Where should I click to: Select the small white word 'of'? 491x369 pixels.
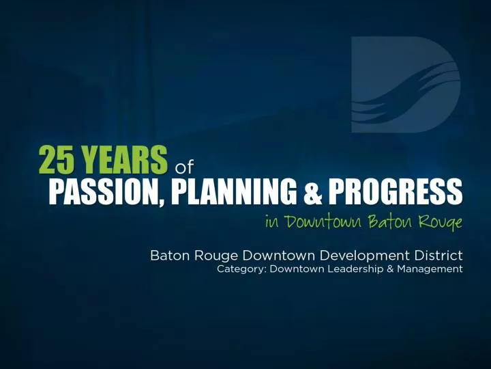point(184,167)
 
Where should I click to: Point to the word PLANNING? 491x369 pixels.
point(234,191)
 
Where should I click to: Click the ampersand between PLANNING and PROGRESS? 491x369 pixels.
point(312,191)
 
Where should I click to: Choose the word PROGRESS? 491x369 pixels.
point(396,191)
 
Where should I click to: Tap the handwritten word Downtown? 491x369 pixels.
point(324,221)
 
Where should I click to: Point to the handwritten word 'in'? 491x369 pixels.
point(272,222)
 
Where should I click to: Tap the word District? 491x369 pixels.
point(438,255)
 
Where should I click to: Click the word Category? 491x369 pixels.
point(241,269)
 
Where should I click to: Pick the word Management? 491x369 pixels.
point(430,269)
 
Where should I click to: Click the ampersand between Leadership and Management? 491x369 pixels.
point(390,269)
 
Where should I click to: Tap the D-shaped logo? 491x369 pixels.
point(406,85)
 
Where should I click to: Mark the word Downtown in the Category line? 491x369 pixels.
point(297,269)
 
